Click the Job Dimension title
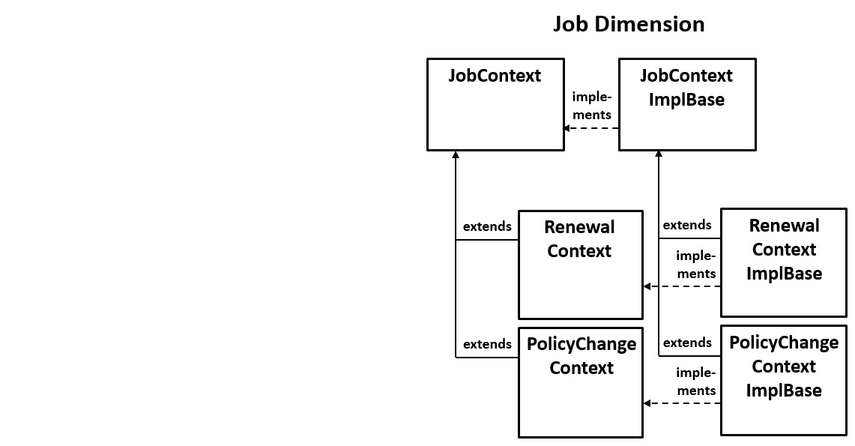tap(629, 24)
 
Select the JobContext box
tap(495, 104)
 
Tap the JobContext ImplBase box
tap(686, 104)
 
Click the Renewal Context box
tap(580, 265)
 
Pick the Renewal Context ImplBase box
tap(783, 263)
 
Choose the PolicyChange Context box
tap(581, 382)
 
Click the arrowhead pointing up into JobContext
tap(456, 154)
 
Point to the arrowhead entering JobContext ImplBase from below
tap(659, 154)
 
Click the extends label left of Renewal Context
tap(487, 226)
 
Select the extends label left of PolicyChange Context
tap(487, 344)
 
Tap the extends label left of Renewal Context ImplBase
tap(687, 225)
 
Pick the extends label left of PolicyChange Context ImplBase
tap(687, 343)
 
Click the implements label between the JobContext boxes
tap(592, 106)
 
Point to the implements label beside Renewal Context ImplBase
tap(695, 265)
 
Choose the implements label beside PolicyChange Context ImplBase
tap(695, 382)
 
